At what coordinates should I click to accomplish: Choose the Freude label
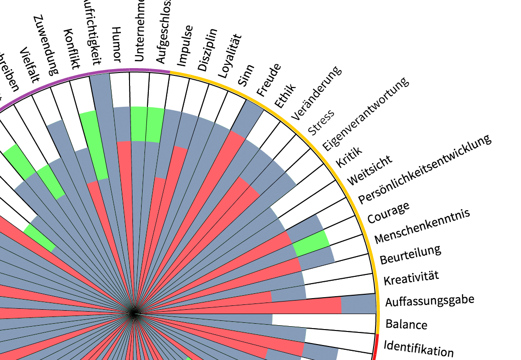(x=268, y=79)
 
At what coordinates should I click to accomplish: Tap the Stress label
(x=321, y=124)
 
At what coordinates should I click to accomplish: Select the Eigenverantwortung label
(x=365, y=114)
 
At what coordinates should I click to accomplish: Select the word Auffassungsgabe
(x=429, y=301)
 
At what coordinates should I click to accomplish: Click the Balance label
(x=406, y=323)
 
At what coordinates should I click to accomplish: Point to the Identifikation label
(x=419, y=347)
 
